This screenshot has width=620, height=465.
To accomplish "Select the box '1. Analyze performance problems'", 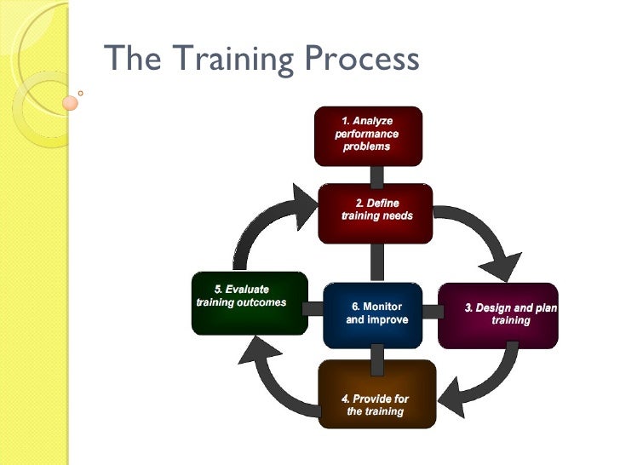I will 367,135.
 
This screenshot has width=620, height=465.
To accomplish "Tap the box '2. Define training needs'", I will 376,212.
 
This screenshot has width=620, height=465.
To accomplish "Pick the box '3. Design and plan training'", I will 498,314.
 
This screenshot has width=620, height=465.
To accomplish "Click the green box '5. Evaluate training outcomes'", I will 249,302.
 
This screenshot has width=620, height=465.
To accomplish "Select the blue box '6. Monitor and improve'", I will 373,316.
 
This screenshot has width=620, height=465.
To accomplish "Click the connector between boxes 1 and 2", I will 376,175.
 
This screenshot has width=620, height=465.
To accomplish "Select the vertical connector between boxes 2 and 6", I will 376,262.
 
